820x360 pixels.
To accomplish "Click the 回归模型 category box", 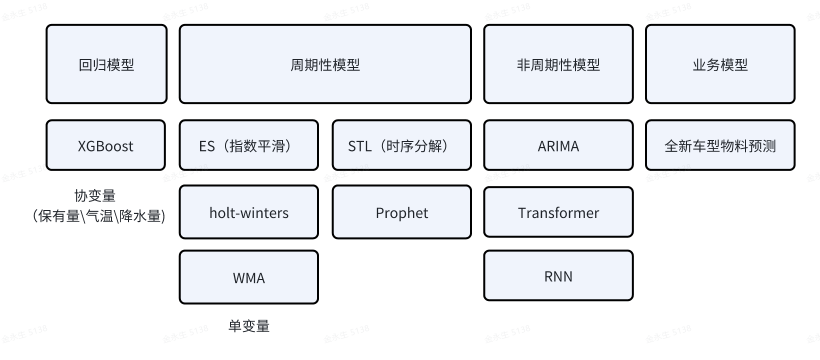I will click(x=106, y=64).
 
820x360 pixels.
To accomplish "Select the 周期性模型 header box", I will click(x=325, y=64).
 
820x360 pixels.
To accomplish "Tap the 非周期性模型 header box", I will click(x=558, y=64).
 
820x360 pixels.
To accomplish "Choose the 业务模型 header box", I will click(x=720, y=64).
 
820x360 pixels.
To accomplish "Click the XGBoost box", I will click(x=105, y=145).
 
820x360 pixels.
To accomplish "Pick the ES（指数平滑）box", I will click(x=248, y=145).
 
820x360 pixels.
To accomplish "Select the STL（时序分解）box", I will click(x=401, y=145).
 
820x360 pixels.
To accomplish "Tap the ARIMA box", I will click(x=558, y=145).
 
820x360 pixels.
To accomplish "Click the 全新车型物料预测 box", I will click(x=720, y=145).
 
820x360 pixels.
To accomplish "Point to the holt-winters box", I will click(x=248, y=212).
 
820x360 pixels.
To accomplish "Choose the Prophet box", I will click(x=401, y=212).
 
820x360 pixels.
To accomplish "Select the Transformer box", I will click(x=558, y=212).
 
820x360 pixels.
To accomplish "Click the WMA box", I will click(x=248, y=277).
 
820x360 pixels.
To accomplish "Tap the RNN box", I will click(x=558, y=276).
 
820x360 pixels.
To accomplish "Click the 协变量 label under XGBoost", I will click(x=95, y=195).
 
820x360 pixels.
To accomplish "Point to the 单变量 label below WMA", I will click(x=248, y=326).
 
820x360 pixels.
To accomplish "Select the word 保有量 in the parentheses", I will click(x=59, y=216).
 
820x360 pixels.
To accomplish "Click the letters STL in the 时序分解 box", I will click(x=360, y=146).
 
